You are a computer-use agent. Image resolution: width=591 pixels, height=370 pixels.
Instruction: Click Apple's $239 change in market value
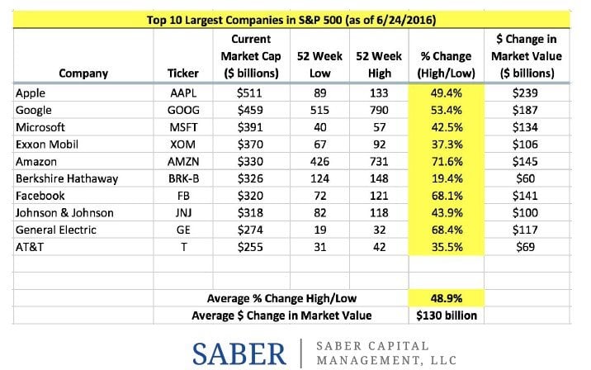(x=526, y=93)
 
